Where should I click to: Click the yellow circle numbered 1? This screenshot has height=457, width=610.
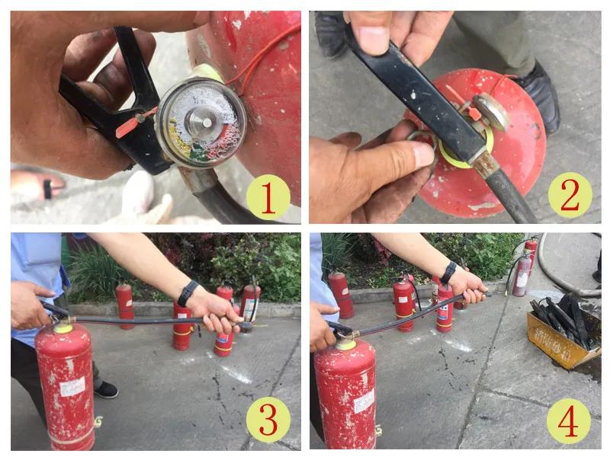(268, 197)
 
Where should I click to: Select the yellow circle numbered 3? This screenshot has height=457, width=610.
(268, 421)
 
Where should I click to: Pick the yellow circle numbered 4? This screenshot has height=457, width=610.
(569, 421)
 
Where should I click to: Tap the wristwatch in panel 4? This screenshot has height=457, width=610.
(448, 272)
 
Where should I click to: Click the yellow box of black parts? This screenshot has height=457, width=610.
(561, 335)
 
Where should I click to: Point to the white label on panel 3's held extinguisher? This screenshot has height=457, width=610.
(73, 386)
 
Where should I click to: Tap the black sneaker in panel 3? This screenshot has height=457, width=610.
(106, 389)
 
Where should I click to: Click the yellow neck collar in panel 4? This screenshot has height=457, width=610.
(345, 344)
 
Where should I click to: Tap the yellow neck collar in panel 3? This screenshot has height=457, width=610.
(63, 328)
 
